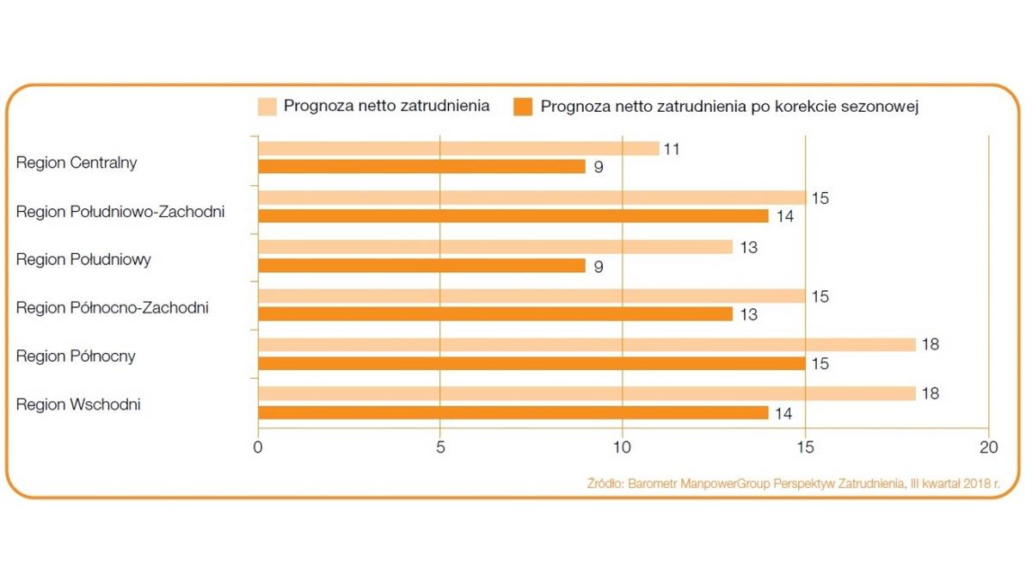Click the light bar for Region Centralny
click(458, 149)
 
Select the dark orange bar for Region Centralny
click(421, 167)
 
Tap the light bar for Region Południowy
click(494, 247)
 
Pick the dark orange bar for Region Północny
click(531, 363)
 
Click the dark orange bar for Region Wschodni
click(513, 412)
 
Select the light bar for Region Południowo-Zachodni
click(531, 198)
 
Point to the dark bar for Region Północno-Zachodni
click(494, 314)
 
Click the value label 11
click(672, 149)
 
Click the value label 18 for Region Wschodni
click(929, 393)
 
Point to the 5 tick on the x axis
click(439, 448)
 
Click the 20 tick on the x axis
click(988, 448)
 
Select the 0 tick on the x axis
click(258, 448)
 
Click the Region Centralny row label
click(77, 163)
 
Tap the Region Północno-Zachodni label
click(113, 307)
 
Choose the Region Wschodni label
click(78, 405)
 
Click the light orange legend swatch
click(267, 107)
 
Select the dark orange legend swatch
click(523, 107)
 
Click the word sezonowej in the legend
click(891, 107)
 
